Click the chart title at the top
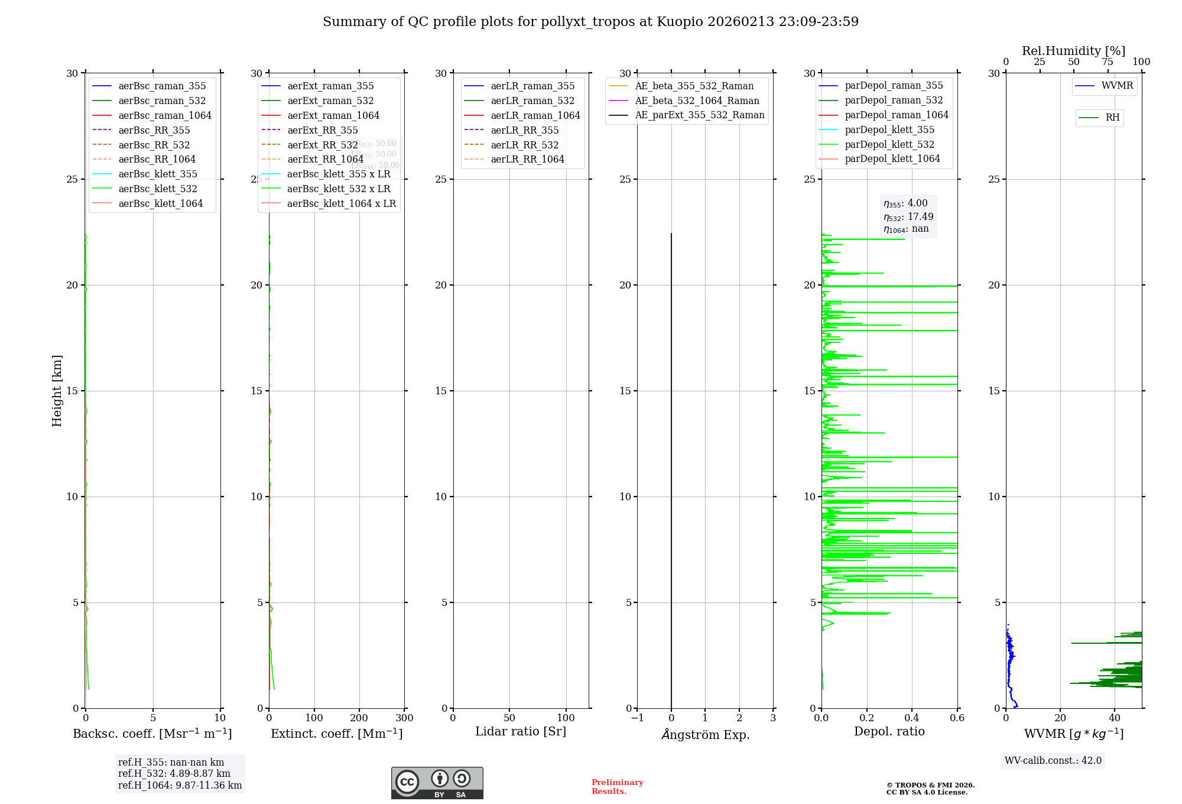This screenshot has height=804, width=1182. tap(590, 22)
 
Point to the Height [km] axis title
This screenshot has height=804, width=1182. tap(57, 390)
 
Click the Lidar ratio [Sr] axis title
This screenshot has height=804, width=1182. tap(521, 731)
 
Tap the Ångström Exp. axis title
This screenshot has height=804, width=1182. tap(705, 734)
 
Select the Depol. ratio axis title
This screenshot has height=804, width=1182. tap(889, 731)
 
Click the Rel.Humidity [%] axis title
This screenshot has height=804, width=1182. tap(1073, 51)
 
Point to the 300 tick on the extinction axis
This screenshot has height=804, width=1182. tap(405, 718)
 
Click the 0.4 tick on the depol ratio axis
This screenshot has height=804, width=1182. tap(912, 718)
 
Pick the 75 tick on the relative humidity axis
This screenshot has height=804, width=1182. tap(1108, 62)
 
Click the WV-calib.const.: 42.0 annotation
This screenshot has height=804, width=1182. tap(1053, 760)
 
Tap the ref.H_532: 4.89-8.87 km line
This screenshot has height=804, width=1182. tap(174, 773)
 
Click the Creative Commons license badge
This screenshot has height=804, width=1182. tap(437, 783)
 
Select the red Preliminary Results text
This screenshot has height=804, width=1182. tap(617, 787)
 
